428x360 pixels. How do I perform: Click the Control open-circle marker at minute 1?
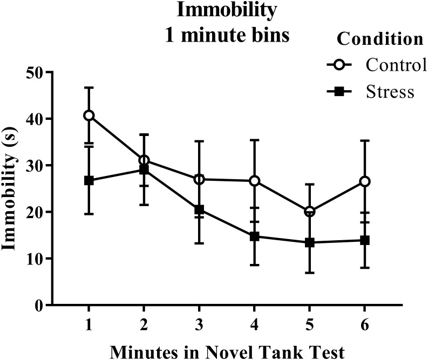pos(89,116)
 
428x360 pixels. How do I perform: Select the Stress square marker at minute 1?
pos(89,180)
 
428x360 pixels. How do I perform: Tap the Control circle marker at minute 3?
pos(199,179)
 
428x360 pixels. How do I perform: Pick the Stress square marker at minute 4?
pos(254,236)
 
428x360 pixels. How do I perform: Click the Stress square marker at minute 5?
pos(309,243)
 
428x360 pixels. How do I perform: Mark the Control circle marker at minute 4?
pos(254,181)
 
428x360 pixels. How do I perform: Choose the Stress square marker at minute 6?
pos(364,240)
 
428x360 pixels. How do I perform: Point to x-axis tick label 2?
pos(144,325)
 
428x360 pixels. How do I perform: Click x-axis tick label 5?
pos(309,325)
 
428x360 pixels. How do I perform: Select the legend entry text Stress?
pos(390,91)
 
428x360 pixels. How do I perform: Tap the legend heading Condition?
pos(379,39)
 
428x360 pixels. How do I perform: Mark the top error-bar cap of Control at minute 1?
pos(89,87)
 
